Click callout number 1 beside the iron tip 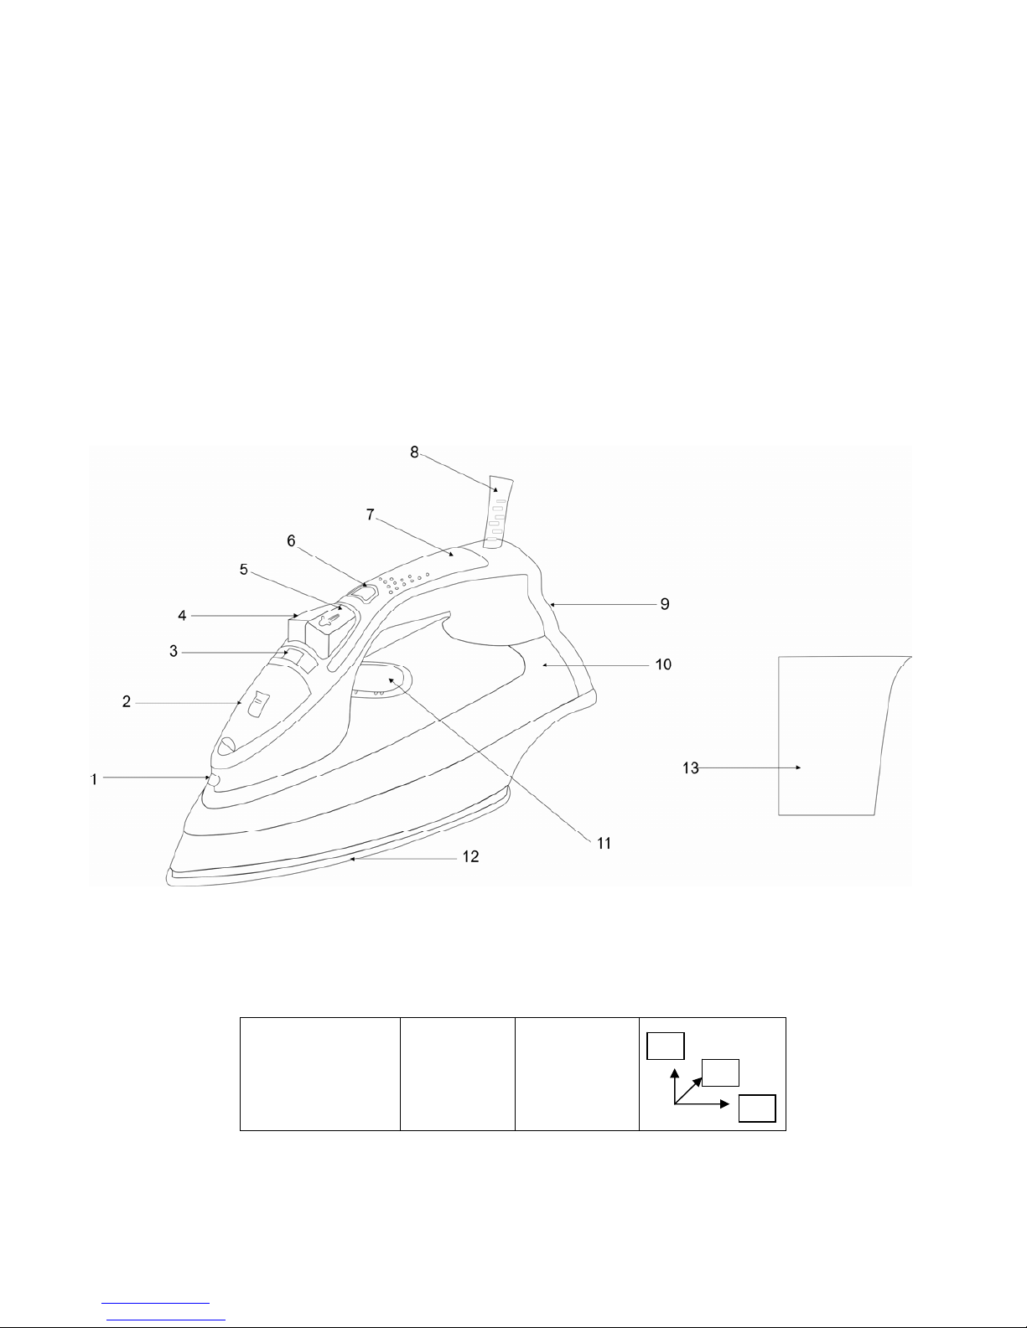pyautogui.click(x=94, y=780)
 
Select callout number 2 pyautogui.click(x=127, y=701)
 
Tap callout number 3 pyautogui.click(x=174, y=652)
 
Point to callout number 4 pyautogui.click(x=182, y=616)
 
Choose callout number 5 pyautogui.click(x=243, y=570)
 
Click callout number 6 pyautogui.click(x=291, y=541)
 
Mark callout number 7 pyautogui.click(x=370, y=514)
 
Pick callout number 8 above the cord pyautogui.click(x=414, y=452)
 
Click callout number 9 pyautogui.click(x=665, y=604)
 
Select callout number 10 pyautogui.click(x=663, y=664)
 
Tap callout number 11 pyautogui.click(x=604, y=844)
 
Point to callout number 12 pyautogui.click(x=470, y=857)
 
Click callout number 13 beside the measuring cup pyautogui.click(x=691, y=768)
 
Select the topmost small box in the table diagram pyautogui.click(x=665, y=1046)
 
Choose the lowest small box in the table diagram pyautogui.click(x=757, y=1108)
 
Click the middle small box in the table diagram pyautogui.click(x=720, y=1072)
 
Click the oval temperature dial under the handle pyautogui.click(x=382, y=679)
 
